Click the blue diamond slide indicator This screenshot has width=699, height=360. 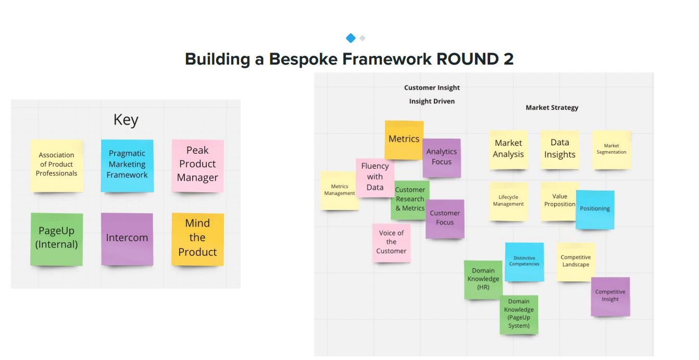coord(351,38)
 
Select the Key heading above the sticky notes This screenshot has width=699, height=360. coord(126,120)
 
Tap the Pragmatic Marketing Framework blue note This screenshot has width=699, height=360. coord(127,165)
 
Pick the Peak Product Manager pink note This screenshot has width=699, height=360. coord(197,164)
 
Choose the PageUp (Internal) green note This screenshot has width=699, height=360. coord(56,238)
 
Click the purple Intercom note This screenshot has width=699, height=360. coord(127,238)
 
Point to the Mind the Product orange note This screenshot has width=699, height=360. coord(197,238)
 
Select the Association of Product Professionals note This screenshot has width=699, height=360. coord(56,165)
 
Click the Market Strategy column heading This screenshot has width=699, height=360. coord(552,107)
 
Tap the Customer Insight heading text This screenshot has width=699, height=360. coord(432,88)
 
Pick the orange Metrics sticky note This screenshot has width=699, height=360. coord(404,139)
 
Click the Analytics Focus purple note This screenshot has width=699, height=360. coord(441,157)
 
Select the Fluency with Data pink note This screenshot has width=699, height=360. coord(375,177)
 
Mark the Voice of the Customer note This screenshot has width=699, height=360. coord(391,242)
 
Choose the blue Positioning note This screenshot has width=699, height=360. coord(595,209)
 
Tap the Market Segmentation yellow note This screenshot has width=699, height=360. coord(611,150)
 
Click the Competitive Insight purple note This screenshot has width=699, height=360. coord(610,296)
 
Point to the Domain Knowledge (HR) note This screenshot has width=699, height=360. coord(483,280)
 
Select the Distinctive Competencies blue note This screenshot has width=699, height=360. coord(524,261)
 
